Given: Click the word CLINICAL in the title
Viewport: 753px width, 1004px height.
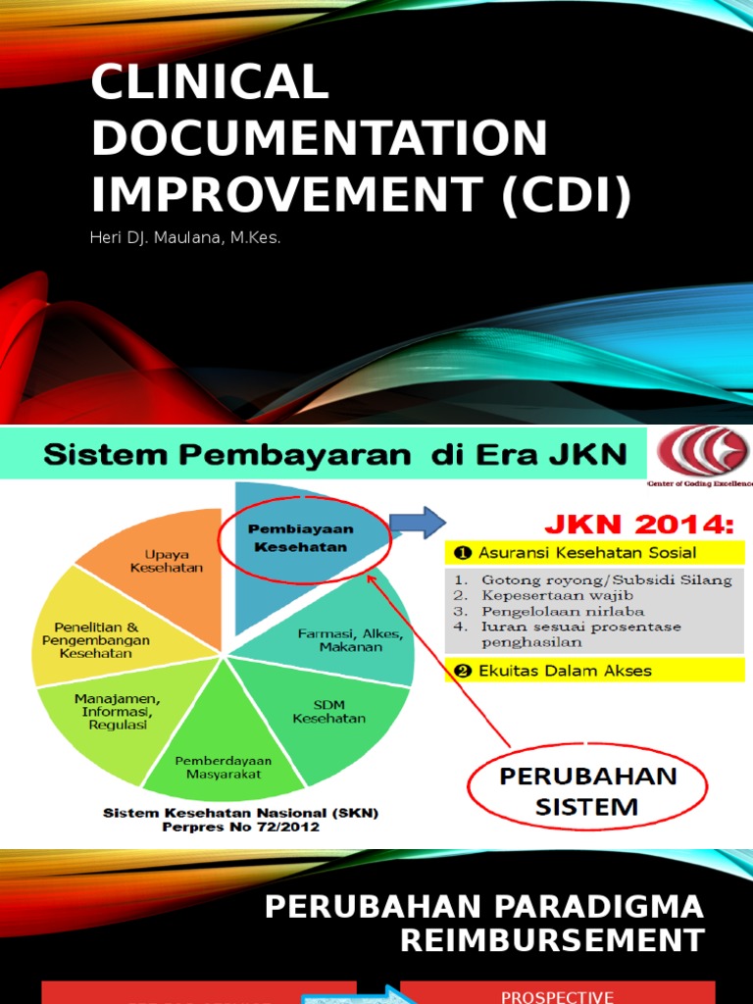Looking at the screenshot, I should tap(210, 83).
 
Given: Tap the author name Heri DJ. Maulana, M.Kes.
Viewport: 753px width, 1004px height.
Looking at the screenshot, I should tap(186, 238).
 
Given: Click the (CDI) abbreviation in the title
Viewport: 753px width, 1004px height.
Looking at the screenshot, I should tap(565, 194).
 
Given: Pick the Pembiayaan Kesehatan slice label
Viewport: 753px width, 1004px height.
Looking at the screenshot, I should tap(300, 537).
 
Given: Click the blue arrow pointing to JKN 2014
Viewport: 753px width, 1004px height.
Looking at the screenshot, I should tap(418, 523).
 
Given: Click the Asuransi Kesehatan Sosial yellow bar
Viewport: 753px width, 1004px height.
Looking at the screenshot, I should tap(593, 554).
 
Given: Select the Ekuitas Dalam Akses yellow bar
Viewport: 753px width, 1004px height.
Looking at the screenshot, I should tap(593, 671).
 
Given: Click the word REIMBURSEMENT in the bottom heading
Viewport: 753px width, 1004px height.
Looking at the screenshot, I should tap(552, 941).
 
